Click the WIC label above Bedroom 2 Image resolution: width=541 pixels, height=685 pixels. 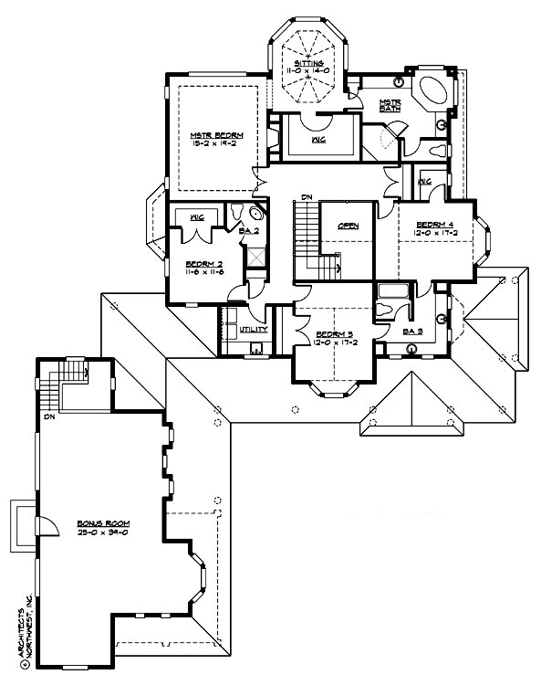(x=195, y=217)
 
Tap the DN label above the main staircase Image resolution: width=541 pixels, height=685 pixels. (x=307, y=196)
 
